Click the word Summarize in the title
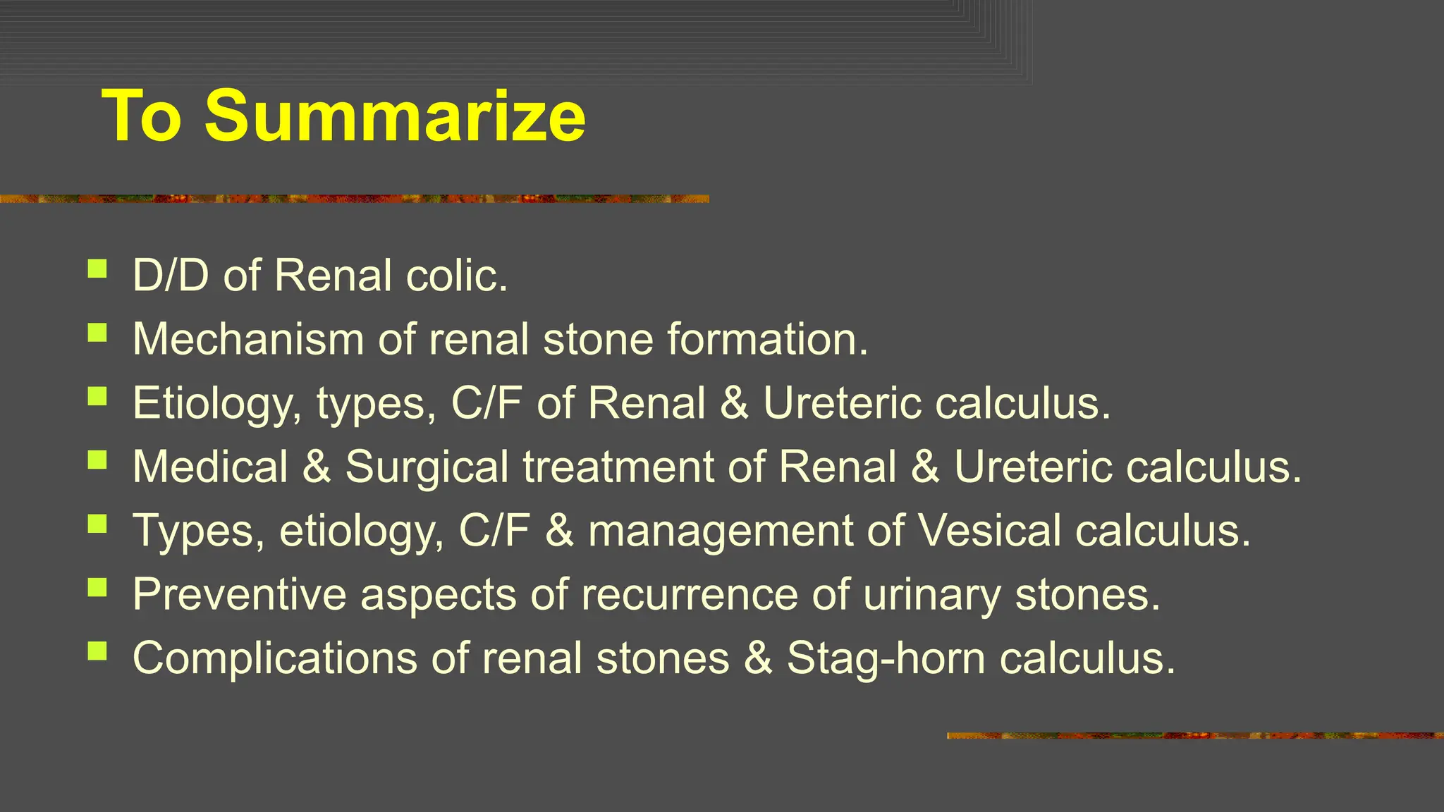click(395, 116)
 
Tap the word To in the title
click(142, 116)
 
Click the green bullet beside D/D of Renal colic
click(97, 269)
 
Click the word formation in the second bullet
click(767, 339)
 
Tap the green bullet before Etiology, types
click(97, 396)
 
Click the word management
click(721, 531)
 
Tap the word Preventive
click(240, 594)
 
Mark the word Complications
click(275, 658)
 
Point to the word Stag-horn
click(886, 658)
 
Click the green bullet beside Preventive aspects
click(97, 587)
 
